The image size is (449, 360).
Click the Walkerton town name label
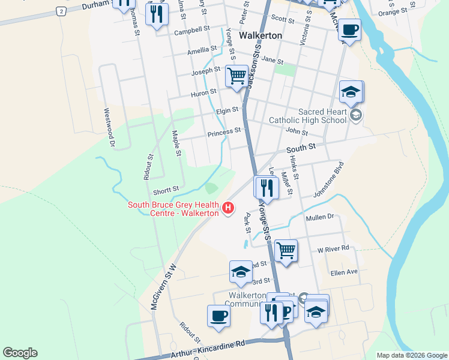coord(261,35)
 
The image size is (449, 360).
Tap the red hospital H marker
coord(228,208)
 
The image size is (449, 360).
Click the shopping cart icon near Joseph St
coord(237,76)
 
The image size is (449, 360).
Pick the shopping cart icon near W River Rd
coord(286,251)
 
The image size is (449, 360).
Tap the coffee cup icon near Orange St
coord(349,29)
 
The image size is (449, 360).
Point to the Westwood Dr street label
coord(109,127)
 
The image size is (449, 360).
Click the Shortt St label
coord(166,190)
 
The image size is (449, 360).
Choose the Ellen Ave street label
coord(344,272)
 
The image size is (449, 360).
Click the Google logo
coord(20,353)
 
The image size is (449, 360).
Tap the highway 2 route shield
coord(61,11)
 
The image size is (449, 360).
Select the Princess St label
coord(223,131)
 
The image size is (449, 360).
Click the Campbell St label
coord(191,29)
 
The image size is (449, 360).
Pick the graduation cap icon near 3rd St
coord(241,271)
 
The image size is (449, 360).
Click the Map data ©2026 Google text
coord(412,355)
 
